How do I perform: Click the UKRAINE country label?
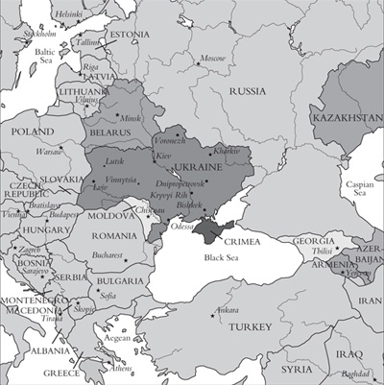(198, 166)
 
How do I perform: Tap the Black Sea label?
(217, 258)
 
